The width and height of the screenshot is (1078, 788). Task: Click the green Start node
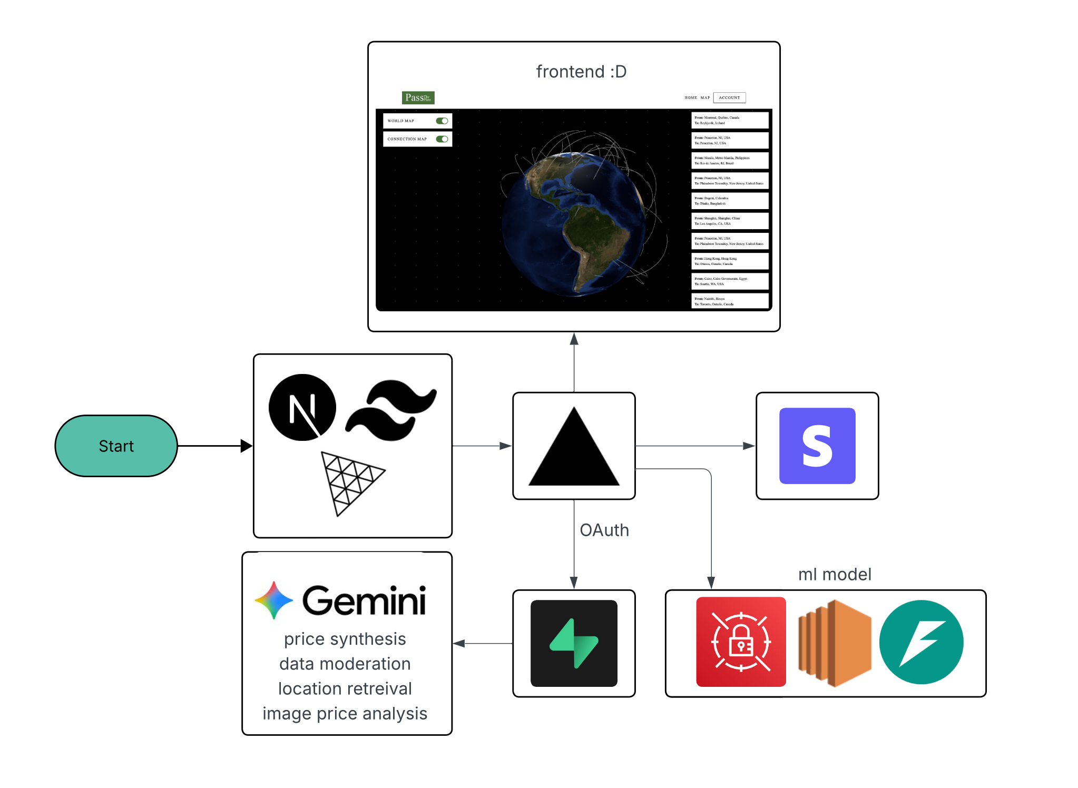tap(116, 446)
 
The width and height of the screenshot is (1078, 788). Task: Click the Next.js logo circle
tap(302, 407)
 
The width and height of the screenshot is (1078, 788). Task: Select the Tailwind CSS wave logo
tap(391, 410)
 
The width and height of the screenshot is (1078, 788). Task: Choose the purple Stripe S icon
tap(817, 446)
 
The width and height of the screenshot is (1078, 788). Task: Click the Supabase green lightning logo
tap(574, 643)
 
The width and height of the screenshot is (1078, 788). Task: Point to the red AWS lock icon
tap(741, 642)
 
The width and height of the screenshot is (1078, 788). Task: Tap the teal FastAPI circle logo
tap(921, 642)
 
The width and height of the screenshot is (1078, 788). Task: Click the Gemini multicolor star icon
tap(273, 600)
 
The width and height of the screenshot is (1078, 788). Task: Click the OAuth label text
tap(604, 530)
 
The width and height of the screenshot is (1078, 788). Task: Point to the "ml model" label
tap(835, 574)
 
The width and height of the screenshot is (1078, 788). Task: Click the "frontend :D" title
tap(581, 72)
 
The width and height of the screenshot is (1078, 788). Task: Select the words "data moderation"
tap(345, 664)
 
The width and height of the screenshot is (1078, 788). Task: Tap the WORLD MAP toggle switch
tap(442, 121)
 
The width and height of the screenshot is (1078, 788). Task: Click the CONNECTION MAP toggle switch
tap(442, 139)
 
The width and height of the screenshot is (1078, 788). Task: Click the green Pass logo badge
tap(418, 97)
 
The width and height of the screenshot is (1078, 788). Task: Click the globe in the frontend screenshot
tap(573, 222)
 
